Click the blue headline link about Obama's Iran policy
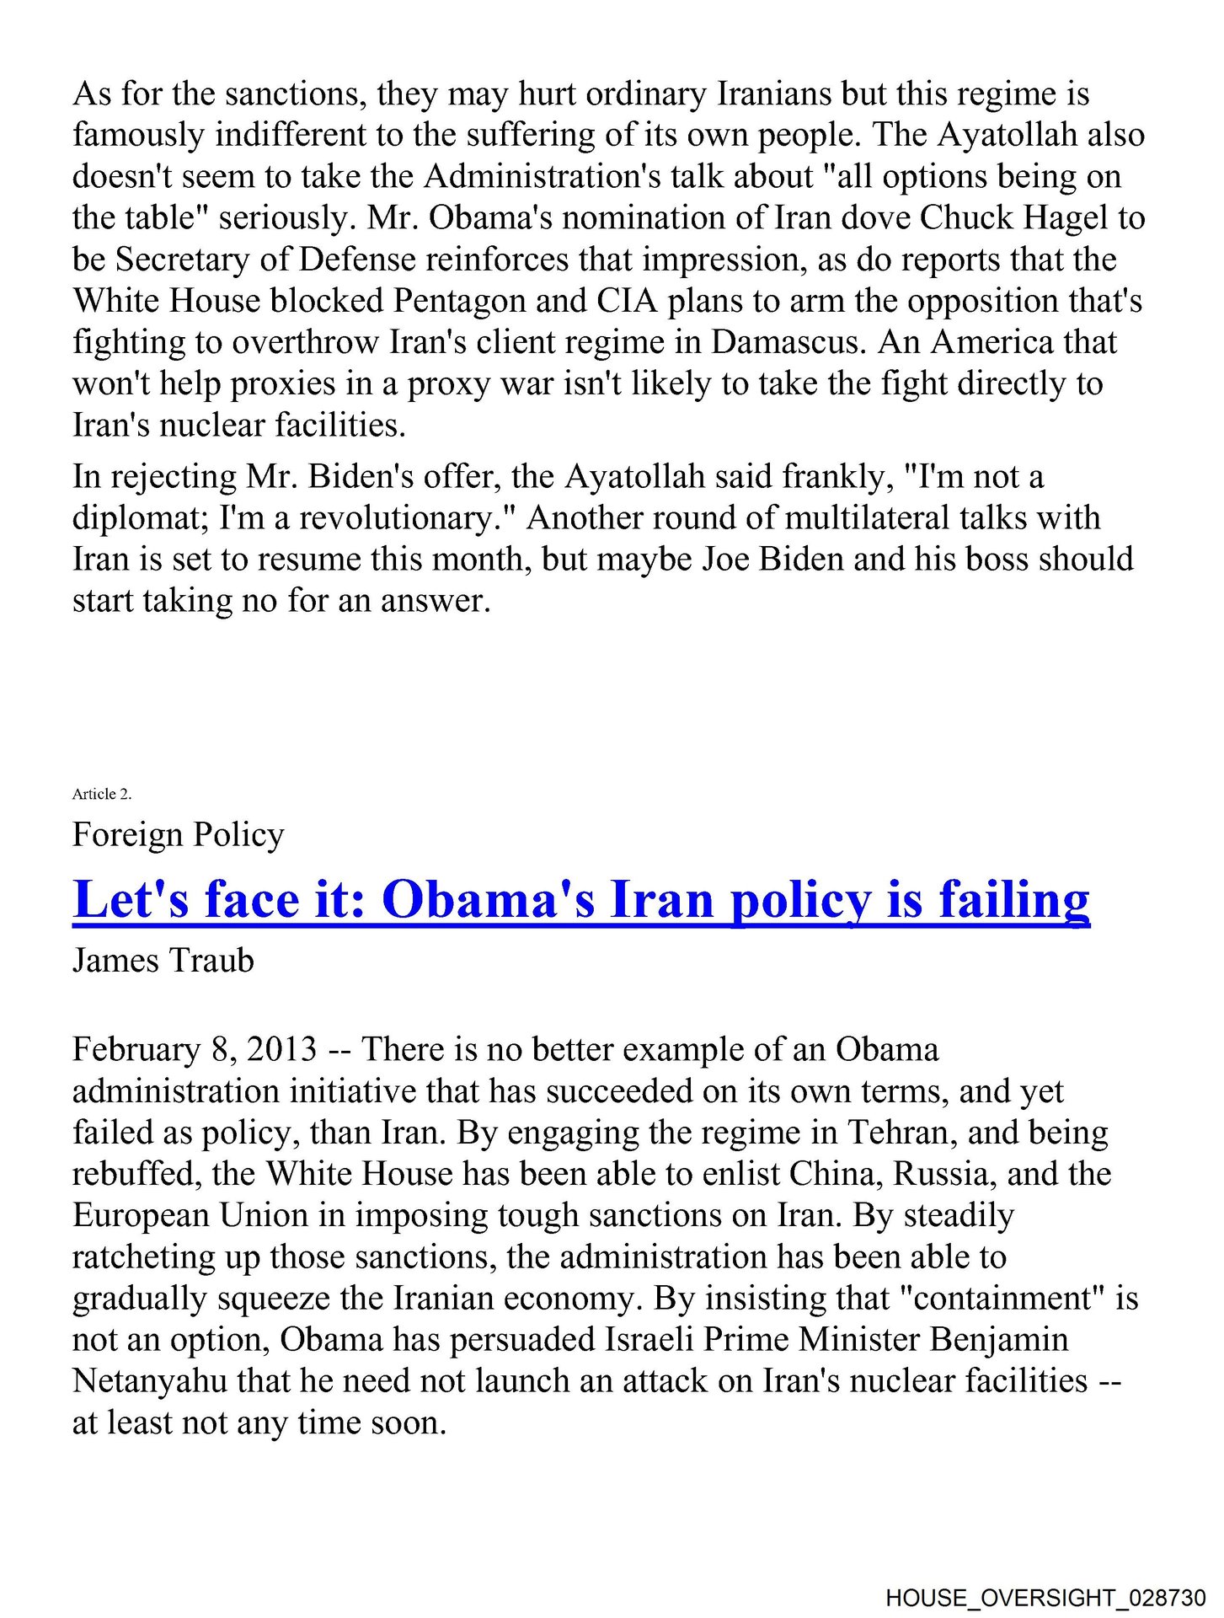(581, 900)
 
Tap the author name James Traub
(163, 960)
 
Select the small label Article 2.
(102, 794)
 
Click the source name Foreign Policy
(178, 834)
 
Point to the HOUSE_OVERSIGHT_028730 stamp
(1045, 1597)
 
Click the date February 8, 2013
(195, 1049)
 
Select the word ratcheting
(142, 1256)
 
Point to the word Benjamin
(999, 1339)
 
